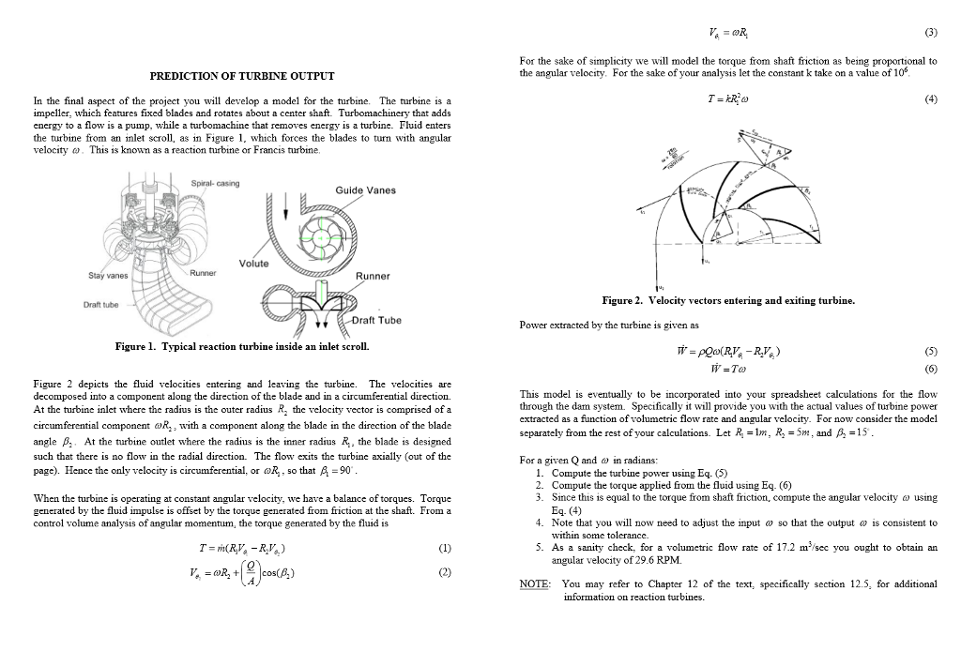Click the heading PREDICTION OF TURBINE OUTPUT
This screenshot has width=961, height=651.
click(x=243, y=75)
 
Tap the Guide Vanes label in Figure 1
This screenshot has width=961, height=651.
click(x=365, y=190)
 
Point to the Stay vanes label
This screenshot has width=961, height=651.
click(x=108, y=277)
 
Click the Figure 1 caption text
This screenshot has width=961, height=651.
click(x=241, y=347)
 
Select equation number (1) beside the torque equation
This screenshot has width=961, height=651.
click(x=445, y=549)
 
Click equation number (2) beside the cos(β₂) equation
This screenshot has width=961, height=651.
click(x=445, y=572)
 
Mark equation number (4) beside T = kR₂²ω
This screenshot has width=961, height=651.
click(x=930, y=98)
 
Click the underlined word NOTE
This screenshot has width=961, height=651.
click(x=534, y=583)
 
